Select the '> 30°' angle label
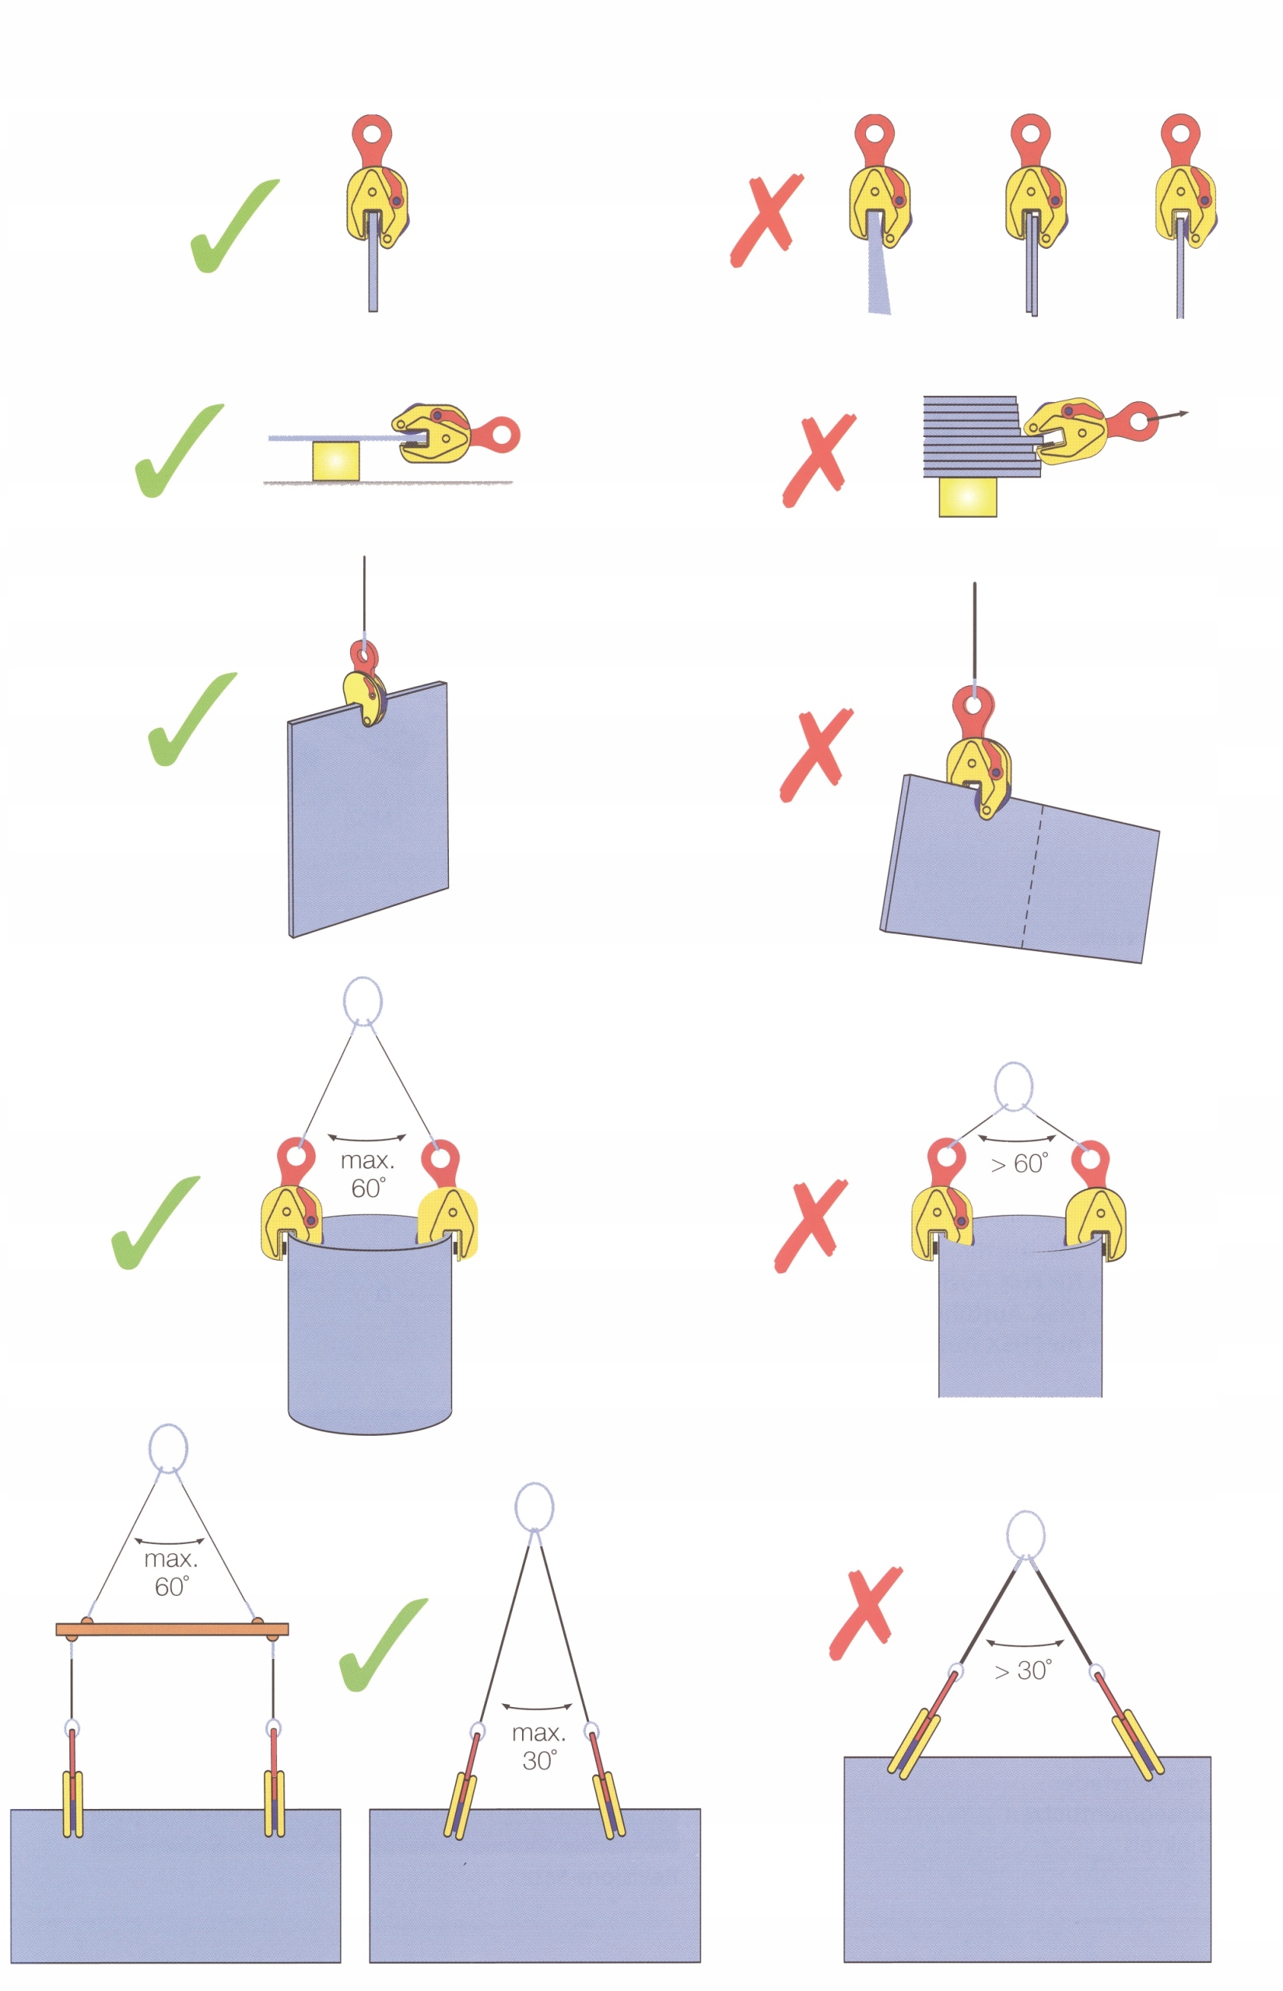point(1023,1671)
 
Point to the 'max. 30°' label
point(539,1747)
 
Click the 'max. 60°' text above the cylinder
point(367,1174)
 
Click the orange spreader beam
point(173,1629)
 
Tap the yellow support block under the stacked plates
point(967,497)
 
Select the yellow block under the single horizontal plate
point(336,460)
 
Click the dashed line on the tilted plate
point(1032,874)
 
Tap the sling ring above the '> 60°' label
point(1014,1086)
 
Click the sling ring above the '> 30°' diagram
point(1025,1534)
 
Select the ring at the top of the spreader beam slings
point(168,1449)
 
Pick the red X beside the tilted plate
point(815,755)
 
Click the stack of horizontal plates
point(975,436)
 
